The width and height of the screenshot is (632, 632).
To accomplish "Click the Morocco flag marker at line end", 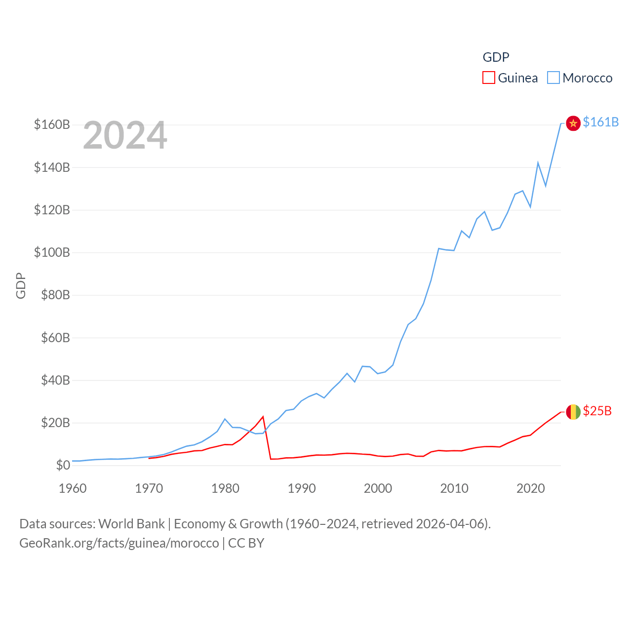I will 573,123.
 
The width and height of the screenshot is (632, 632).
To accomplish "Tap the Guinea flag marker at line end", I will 573,412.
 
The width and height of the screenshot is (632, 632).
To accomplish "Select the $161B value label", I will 600,122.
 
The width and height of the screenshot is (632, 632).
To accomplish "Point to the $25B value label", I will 597,411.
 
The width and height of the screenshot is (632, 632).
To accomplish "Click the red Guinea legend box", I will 488,78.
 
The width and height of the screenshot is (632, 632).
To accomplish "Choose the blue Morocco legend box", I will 553,78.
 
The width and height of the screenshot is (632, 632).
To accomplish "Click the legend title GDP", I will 496,57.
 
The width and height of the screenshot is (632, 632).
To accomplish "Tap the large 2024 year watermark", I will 125,135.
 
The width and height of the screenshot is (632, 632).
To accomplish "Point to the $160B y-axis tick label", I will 52,124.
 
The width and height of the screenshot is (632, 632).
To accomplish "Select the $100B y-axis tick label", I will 52,252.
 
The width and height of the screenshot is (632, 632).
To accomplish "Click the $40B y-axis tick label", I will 55,380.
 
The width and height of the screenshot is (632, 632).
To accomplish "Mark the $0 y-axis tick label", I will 63,465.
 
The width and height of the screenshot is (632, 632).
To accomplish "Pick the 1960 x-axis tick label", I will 73,488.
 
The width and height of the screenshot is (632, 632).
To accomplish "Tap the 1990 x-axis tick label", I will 302,488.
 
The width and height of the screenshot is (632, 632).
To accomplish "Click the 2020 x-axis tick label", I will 530,488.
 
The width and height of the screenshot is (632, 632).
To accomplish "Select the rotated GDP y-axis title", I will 21,285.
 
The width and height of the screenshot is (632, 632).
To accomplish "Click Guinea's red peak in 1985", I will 263,417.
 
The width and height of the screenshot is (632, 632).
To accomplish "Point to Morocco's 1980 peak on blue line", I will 225,419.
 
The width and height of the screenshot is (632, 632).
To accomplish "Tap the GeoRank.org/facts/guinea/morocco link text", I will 119,543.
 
